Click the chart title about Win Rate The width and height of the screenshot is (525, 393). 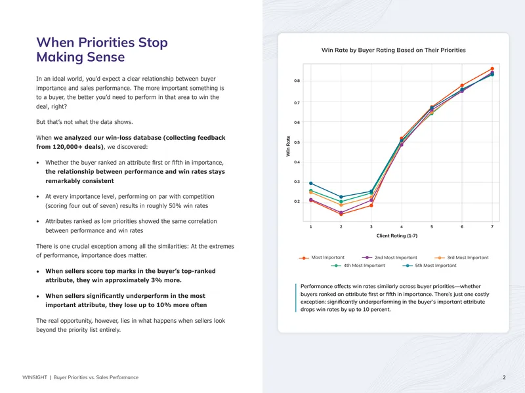393,51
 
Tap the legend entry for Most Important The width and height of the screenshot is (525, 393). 322,258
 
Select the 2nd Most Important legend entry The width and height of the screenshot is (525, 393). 390,258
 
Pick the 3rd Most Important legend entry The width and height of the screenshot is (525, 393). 461,258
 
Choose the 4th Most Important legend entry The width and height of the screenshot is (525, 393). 358,266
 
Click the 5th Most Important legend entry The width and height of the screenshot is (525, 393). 430,266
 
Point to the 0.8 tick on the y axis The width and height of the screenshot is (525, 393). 297,81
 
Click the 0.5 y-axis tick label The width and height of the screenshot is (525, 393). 297,142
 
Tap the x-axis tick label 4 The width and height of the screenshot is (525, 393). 402,226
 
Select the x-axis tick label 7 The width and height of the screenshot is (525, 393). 492,226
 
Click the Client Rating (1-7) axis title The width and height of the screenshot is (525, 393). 397,236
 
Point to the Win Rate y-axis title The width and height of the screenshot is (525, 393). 288,146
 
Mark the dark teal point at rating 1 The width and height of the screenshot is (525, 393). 310,184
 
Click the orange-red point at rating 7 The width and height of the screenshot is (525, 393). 492,69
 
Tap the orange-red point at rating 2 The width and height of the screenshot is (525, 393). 341,215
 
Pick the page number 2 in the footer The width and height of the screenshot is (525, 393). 504,377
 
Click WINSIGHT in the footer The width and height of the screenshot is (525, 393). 35,377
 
